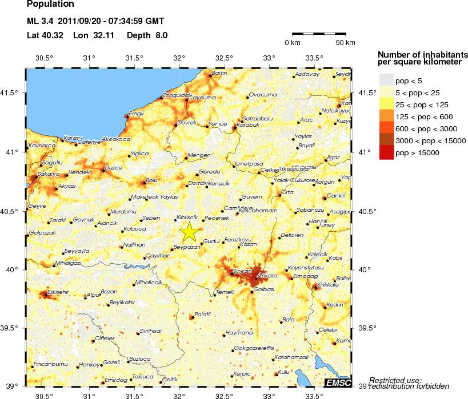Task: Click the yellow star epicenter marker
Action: tap(190, 232)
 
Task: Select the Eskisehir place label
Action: tap(58, 291)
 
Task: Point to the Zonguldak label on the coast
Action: tap(176, 95)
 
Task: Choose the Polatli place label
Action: tap(203, 314)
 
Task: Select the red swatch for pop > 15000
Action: tap(387, 152)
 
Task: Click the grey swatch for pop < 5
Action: tap(387, 80)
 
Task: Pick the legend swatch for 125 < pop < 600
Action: tap(387, 116)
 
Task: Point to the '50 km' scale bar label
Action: tap(345, 43)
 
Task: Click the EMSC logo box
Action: tap(338, 382)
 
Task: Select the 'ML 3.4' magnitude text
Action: tap(39, 22)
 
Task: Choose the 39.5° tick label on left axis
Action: tap(11, 328)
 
